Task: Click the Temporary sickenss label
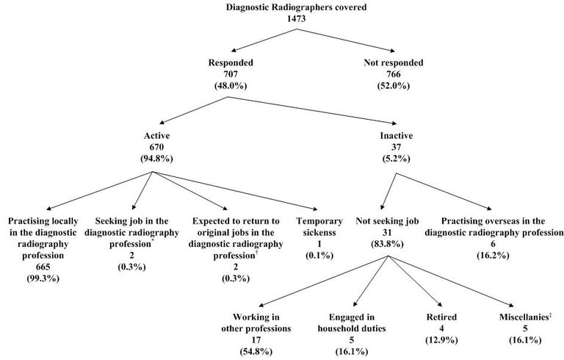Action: (320, 226)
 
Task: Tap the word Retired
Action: (441, 317)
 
